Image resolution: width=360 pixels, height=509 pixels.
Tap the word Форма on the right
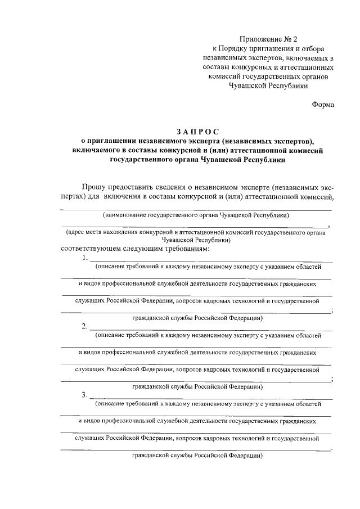pyautogui.click(x=322, y=104)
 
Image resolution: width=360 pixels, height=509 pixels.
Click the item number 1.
pyautogui.click(x=84, y=258)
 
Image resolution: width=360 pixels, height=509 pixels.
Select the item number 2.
pyautogui.click(x=84, y=327)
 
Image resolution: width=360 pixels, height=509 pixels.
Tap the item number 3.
pyautogui.click(x=84, y=394)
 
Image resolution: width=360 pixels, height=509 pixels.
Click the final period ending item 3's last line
pyautogui.click(x=332, y=448)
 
